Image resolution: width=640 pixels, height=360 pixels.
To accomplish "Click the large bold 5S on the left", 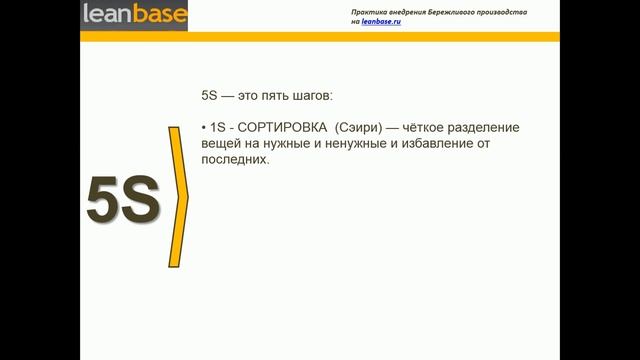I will (x=124, y=200).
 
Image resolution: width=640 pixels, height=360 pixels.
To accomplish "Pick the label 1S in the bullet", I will (x=217, y=130).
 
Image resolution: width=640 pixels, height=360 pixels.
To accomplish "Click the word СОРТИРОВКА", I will (x=281, y=130).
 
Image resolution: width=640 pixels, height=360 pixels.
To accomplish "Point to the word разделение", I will (x=515, y=130).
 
